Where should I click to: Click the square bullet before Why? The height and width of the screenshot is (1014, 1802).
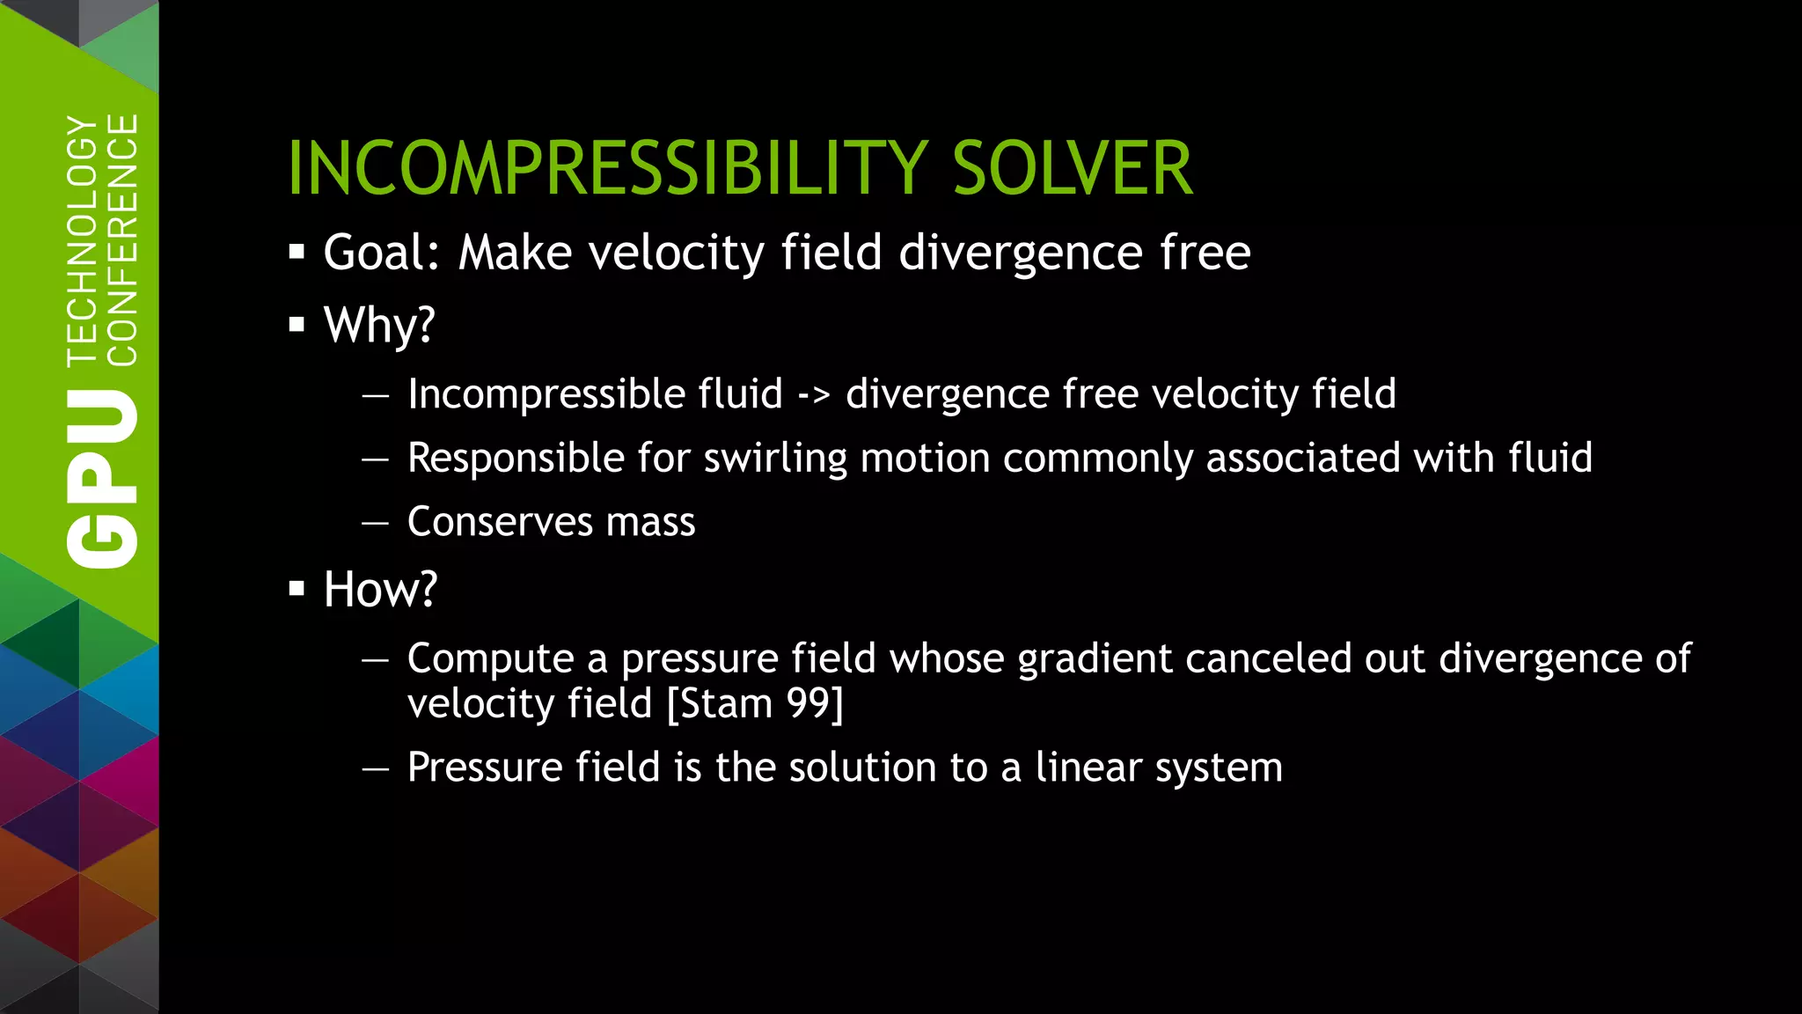pyautogui.click(x=297, y=325)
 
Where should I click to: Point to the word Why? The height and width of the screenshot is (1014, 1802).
pyautogui.click(x=379, y=325)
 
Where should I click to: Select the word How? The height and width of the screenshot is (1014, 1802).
pyautogui.click(x=379, y=589)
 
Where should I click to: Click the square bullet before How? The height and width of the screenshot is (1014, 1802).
pyautogui.click(x=297, y=588)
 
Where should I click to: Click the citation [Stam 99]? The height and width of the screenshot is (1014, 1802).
pyautogui.click(x=755, y=703)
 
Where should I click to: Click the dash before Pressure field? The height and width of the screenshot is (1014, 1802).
pyautogui.click(x=375, y=768)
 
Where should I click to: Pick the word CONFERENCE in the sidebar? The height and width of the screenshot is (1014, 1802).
pyautogui.click(x=122, y=239)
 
